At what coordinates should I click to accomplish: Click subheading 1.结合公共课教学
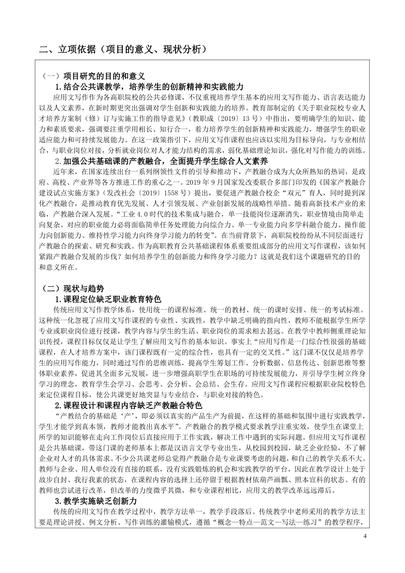pyautogui.click(x=149, y=87)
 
